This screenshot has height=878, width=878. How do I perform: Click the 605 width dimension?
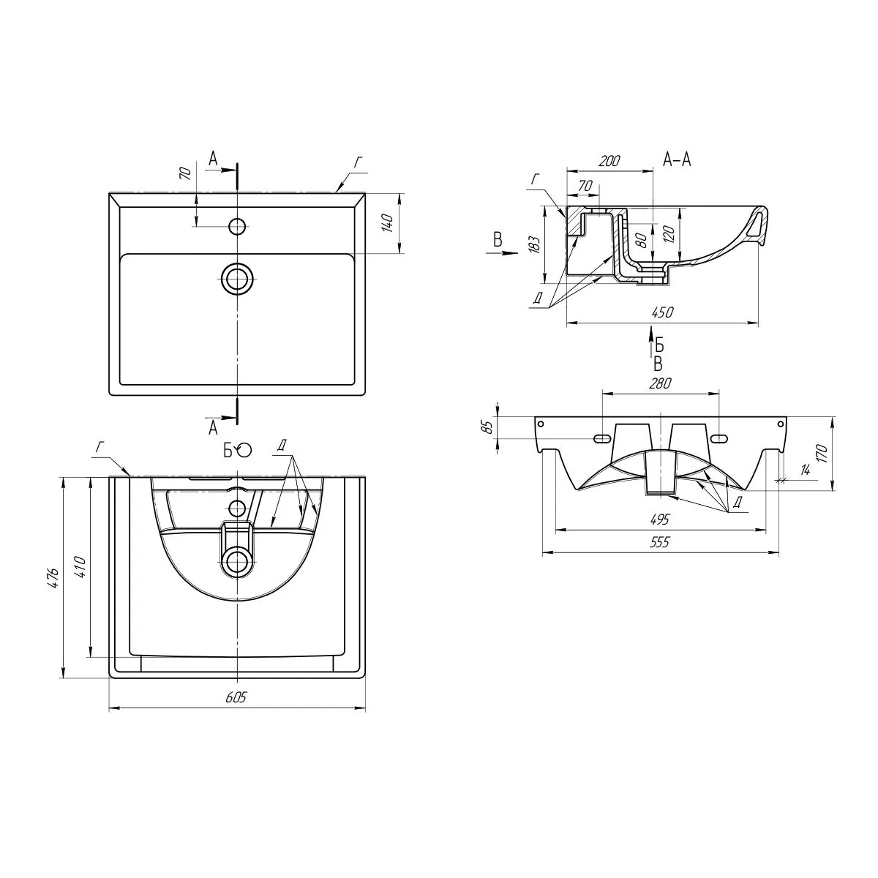pos(236,697)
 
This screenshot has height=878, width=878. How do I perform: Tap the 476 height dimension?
pos(53,579)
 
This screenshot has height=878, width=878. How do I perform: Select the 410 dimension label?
pos(80,567)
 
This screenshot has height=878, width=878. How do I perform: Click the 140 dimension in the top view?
pos(388,223)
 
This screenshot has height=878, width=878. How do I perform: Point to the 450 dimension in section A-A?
pos(662,312)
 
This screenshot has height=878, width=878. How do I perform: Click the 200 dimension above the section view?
pos(609,161)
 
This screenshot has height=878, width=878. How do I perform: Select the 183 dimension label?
pos(536,244)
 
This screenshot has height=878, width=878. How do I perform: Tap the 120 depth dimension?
pos(669,233)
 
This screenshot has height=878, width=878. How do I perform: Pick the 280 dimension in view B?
pos(661,383)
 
